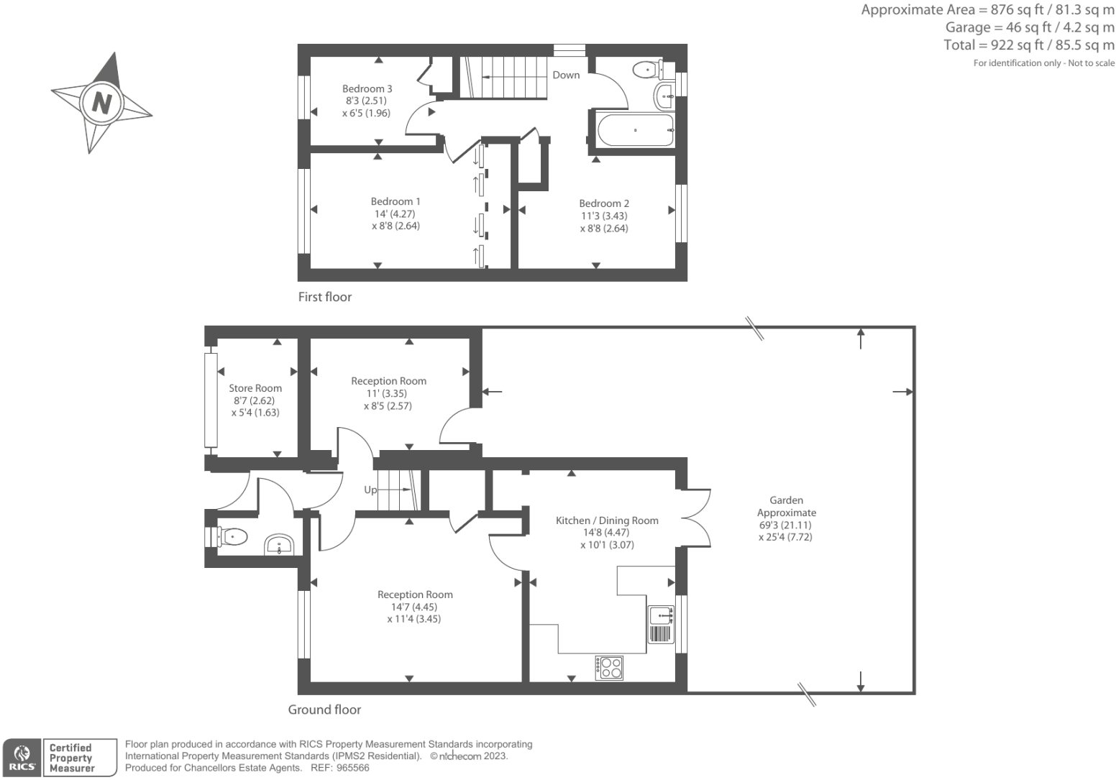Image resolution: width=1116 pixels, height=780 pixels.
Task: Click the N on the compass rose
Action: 101,102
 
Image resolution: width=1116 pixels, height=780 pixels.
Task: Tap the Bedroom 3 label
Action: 367,88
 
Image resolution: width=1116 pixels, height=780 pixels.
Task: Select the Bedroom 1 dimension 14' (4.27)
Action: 394,214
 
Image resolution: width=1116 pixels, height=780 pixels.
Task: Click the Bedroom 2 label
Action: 604,203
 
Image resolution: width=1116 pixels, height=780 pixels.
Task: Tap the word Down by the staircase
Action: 566,75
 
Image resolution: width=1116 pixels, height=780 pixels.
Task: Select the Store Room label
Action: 255,388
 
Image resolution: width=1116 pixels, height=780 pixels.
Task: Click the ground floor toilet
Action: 232,536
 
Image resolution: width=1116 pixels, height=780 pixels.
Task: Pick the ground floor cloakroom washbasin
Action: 279,545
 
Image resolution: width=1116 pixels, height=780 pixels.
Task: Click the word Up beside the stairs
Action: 370,490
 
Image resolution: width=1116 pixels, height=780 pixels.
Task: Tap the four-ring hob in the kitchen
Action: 610,668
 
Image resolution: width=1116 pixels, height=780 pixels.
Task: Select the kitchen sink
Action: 661,615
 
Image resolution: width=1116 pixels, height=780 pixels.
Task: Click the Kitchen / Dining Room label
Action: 607,520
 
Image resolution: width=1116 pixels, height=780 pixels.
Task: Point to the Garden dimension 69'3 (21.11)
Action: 785,525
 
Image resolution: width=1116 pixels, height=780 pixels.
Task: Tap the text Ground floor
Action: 324,710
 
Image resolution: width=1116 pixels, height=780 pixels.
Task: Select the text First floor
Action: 325,297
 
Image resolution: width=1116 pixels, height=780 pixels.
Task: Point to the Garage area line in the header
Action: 1030,27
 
